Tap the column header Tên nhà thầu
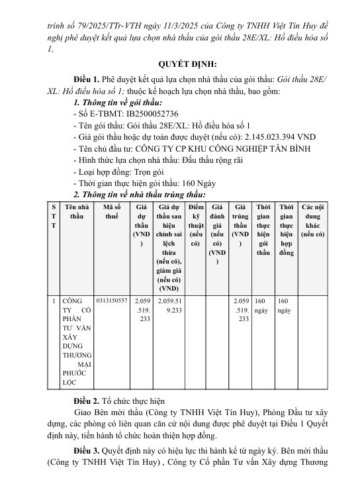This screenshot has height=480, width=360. (76, 212)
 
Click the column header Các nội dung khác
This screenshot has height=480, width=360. (313, 221)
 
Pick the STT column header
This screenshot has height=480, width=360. (54, 216)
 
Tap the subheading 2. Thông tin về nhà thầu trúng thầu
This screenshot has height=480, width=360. (140, 195)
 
